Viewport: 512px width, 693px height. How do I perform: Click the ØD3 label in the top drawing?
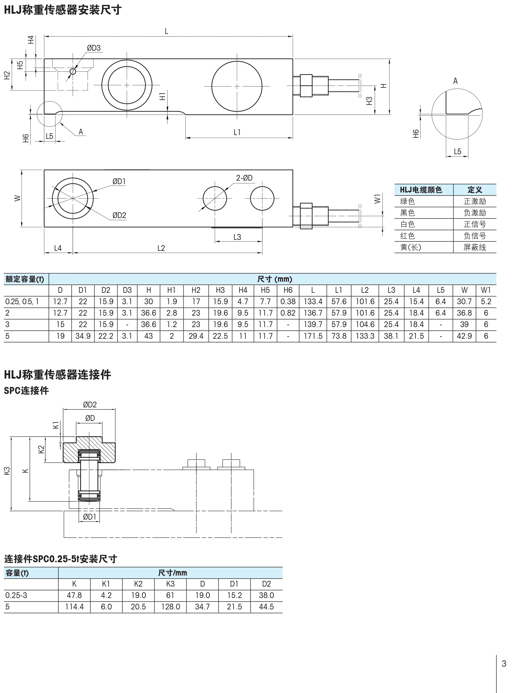point(94,48)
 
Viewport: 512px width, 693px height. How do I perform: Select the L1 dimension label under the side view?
point(237,133)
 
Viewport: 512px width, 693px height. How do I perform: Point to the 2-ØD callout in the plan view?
point(244,178)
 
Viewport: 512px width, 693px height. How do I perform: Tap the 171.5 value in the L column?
point(313,336)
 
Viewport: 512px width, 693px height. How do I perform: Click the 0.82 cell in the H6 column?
point(288,313)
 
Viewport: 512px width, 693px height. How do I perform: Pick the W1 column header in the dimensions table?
point(486,290)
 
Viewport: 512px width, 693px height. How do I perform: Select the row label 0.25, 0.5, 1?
point(22,302)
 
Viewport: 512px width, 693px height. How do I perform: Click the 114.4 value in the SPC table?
point(74,607)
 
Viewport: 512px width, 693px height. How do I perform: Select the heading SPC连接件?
point(26,391)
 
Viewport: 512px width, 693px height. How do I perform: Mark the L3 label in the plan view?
point(237,237)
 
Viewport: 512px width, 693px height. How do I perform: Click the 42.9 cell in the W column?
point(464,336)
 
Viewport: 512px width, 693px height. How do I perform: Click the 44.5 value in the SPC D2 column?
point(266,607)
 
